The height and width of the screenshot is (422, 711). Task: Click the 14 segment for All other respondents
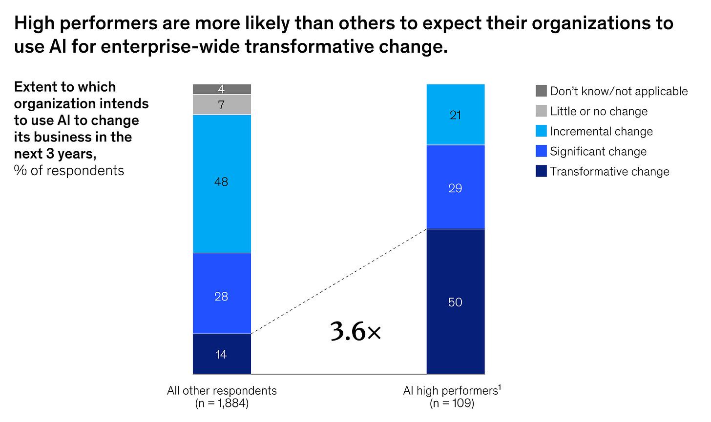click(x=222, y=354)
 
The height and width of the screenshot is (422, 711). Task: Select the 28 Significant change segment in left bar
click(x=222, y=293)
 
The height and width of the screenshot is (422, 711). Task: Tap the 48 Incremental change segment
click(x=222, y=183)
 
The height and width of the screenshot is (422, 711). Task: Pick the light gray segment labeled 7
click(x=222, y=104)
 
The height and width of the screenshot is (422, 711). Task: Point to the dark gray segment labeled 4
click(x=222, y=89)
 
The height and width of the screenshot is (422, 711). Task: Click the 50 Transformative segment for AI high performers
click(x=455, y=301)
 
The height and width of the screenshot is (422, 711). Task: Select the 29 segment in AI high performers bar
click(x=455, y=187)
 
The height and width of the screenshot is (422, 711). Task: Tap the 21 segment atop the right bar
click(x=455, y=115)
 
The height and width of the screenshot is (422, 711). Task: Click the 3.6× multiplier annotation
click(x=355, y=332)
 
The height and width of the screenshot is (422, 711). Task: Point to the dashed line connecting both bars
click(x=339, y=281)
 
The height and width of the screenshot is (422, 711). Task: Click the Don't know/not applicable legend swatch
click(x=541, y=91)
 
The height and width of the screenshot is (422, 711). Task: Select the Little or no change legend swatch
click(x=541, y=111)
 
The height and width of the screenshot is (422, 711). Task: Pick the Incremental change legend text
click(x=601, y=132)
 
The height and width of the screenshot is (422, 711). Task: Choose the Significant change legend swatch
click(x=541, y=151)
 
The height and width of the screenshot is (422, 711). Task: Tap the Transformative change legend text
click(x=609, y=172)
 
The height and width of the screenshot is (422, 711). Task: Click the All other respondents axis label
click(x=222, y=391)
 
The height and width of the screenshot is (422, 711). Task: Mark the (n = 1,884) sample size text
click(x=222, y=403)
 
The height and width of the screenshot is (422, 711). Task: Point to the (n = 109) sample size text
click(x=452, y=403)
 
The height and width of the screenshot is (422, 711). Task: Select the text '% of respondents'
click(x=69, y=170)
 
